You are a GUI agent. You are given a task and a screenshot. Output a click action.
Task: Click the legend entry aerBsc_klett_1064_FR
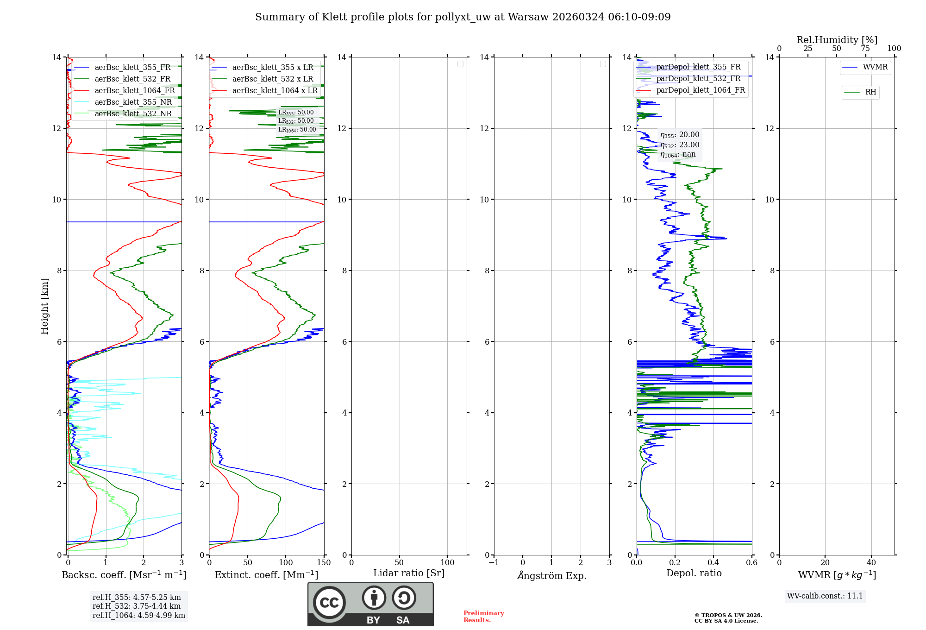(x=135, y=91)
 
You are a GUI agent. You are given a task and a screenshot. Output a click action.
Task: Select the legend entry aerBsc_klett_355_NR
(x=133, y=102)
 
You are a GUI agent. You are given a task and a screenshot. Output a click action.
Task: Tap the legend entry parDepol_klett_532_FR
(x=698, y=79)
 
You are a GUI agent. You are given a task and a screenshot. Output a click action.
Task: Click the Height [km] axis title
(x=44, y=306)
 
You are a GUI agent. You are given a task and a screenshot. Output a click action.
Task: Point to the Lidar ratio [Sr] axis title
(x=409, y=573)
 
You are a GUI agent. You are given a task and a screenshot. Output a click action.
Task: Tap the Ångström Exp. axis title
(x=551, y=576)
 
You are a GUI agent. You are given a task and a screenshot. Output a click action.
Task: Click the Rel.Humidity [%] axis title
(x=837, y=40)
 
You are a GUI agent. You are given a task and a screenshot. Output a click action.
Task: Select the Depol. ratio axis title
(x=694, y=573)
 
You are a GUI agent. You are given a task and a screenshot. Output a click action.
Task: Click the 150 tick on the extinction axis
(x=324, y=563)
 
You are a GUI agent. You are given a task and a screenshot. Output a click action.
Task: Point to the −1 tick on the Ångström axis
(x=494, y=563)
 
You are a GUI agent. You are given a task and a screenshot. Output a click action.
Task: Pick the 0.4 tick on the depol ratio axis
(x=713, y=563)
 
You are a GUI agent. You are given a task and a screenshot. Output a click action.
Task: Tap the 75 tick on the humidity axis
(x=865, y=49)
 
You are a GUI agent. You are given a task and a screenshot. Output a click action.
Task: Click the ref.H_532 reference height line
(x=137, y=606)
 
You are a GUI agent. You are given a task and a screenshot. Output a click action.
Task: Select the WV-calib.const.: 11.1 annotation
(x=825, y=596)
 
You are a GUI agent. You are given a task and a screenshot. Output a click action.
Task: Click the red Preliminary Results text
(x=483, y=617)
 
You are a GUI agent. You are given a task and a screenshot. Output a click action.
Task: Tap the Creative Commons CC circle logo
(x=329, y=603)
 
